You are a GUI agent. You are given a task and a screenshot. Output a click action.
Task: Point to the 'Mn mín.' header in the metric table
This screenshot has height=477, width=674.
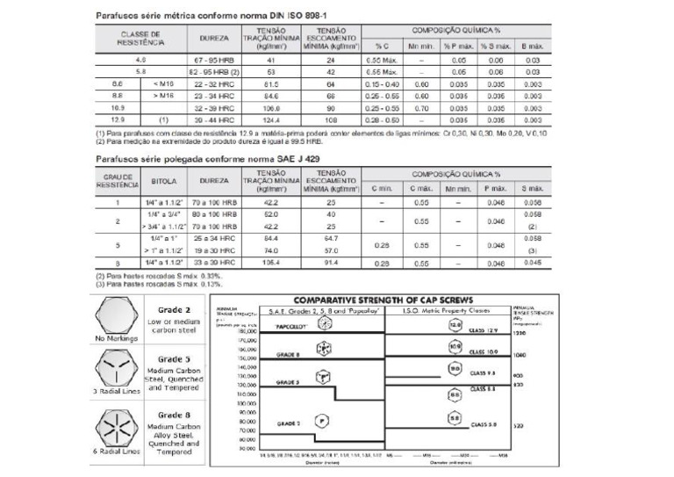point(421,46)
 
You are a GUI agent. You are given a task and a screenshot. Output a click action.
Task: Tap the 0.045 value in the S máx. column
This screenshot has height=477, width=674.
point(533,263)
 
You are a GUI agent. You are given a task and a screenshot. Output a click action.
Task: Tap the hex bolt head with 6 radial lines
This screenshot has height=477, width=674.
point(119,430)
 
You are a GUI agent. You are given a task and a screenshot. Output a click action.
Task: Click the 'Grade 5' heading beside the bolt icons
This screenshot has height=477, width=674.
point(174,358)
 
